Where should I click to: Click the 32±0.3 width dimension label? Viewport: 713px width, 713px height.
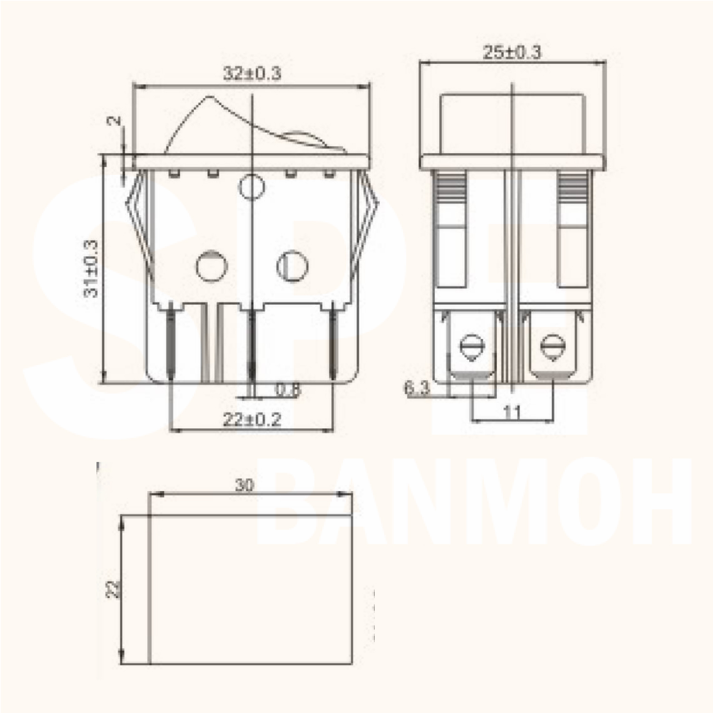(x=252, y=74)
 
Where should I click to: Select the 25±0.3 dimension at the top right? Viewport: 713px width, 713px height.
(x=512, y=52)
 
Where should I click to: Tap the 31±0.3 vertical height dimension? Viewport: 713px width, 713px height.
(x=91, y=269)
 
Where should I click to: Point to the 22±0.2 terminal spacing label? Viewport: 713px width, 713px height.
(x=252, y=420)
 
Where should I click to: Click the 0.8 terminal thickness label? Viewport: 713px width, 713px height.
(x=288, y=390)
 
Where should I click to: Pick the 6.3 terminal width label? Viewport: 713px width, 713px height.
(x=417, y=388)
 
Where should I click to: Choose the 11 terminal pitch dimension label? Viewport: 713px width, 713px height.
(x=512, y=412)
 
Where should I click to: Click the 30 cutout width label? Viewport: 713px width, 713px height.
(x=245, y=485)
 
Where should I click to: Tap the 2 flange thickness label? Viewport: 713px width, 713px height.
(x=115, y=121)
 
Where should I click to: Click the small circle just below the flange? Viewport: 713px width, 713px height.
(x=252, y=186)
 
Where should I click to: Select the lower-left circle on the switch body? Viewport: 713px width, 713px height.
(x=212, y=265)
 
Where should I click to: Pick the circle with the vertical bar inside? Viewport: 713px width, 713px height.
(x=292, y=265)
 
